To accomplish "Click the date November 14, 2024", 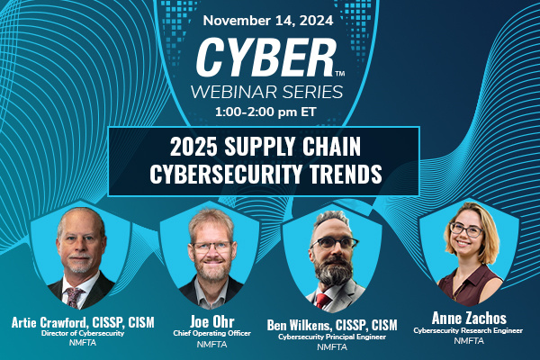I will point(270,18).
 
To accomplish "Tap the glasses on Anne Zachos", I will point(465,229).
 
